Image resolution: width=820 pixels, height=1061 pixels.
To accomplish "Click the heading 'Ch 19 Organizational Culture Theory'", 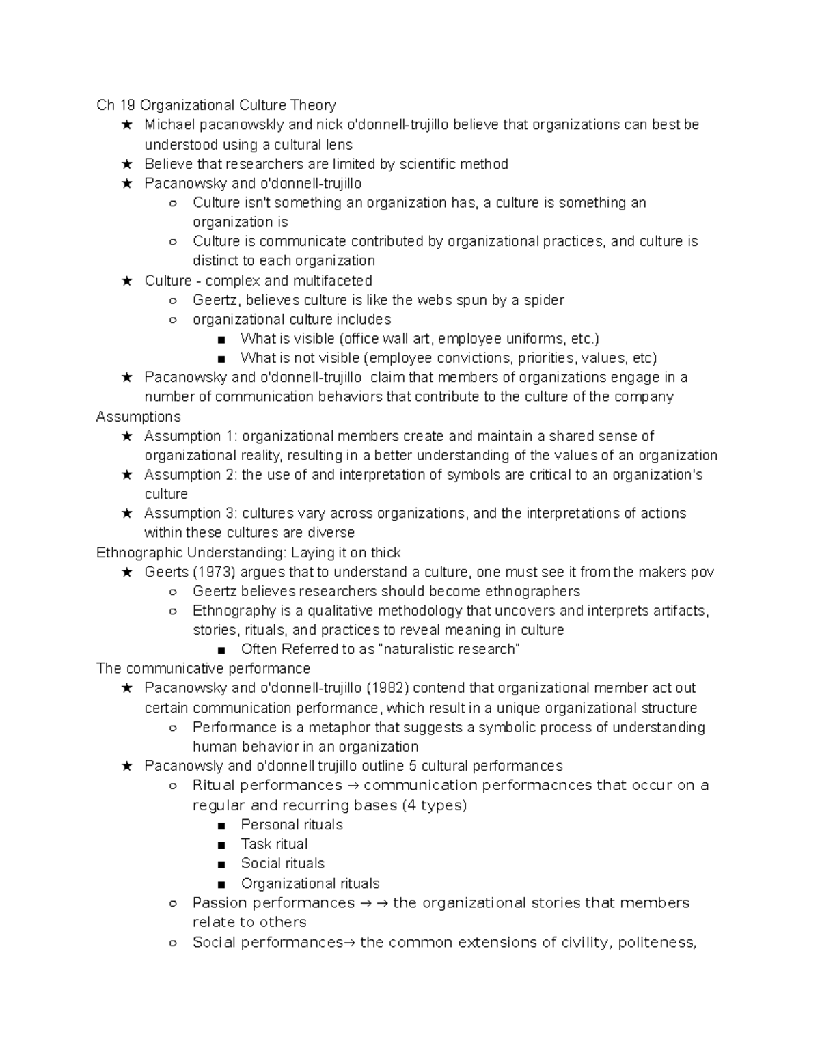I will [216, 105].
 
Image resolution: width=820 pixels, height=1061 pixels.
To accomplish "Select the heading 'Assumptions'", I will [138, 417].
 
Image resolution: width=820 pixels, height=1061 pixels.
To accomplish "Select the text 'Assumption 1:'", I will [191, 436].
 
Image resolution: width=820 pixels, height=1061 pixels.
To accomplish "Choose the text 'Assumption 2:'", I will [191, 475].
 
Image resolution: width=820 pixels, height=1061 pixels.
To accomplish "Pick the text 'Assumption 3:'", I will [191, 513].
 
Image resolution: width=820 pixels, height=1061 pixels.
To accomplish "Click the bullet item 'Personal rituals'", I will [292, 825].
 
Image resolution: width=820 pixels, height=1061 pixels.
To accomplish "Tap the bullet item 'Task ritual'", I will [274, 844].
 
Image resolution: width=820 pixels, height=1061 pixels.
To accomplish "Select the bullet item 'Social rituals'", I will [282, 863].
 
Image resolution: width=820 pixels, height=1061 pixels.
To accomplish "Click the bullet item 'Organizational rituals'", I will [310, 883].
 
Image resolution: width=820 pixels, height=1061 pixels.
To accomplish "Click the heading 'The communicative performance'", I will [204, 668].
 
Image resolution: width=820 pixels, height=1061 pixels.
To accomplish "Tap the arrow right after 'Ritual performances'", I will [353, 786].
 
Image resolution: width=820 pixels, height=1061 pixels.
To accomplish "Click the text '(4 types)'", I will [434, 805].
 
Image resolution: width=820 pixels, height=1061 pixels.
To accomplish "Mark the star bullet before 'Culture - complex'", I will [126, 281].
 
